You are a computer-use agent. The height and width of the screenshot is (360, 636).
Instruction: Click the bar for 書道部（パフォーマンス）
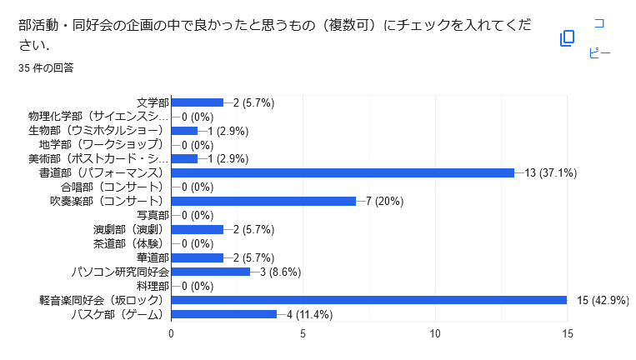[342, 172]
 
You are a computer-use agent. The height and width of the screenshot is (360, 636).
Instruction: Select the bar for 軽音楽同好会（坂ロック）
[368, 300]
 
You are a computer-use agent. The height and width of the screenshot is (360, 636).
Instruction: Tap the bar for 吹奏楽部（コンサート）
[263, 201]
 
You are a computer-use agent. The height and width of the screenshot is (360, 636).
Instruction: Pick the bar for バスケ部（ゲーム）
[223, 314]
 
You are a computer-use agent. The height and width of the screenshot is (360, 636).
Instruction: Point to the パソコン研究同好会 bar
[210, 272]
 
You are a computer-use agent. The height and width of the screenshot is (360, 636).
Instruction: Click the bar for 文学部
[197, 102]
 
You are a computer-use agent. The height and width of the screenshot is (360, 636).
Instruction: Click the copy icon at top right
[567, 38]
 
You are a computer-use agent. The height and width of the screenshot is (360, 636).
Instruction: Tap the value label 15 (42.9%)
[603, 300]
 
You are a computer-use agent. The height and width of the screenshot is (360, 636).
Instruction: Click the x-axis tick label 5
[303, 333]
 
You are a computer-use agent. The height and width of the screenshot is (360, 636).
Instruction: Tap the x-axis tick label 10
[435, 333]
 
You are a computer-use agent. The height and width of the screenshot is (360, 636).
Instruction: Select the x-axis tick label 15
[567, 333]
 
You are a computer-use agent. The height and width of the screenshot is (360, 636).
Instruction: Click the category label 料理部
[152, 286]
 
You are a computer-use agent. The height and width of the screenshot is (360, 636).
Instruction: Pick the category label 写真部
[152, 215]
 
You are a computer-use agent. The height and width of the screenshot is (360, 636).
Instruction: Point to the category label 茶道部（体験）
[131, 243]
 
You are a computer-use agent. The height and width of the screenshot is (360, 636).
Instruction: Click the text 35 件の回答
[46, 67]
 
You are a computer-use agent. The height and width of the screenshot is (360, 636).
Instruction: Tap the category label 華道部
[152, 257]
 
